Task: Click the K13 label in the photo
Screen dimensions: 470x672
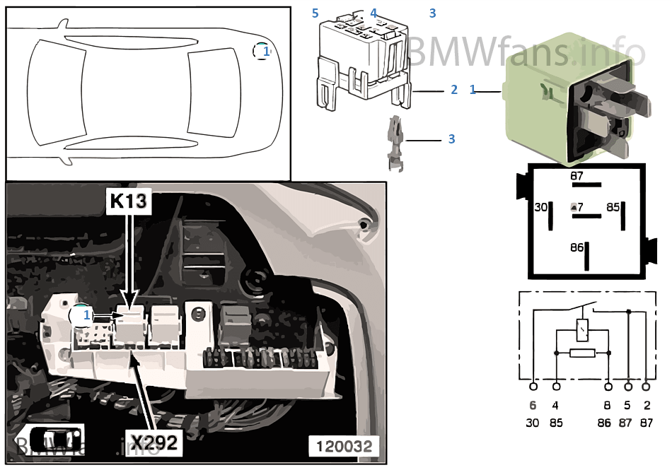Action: point(128,201)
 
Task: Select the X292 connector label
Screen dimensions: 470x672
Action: point(153,442)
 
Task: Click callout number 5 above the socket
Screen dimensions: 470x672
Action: point(315,13)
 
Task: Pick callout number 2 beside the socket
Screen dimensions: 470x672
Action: point(454,90)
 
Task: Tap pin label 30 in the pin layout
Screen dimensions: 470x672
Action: point(540,208)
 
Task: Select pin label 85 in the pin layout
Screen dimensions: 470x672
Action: point(612,208)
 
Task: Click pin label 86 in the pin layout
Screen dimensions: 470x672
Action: point(577,247)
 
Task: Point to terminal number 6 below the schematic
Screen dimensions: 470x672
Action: point(533,406)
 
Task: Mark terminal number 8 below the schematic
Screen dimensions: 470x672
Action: point(608,406)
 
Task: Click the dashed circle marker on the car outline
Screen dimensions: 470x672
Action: point(262,51)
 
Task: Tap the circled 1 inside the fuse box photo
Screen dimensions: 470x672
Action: point(82,316)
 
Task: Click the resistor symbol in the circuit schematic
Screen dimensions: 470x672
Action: point(582,352)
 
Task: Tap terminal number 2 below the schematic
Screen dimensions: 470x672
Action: point(647,406)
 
